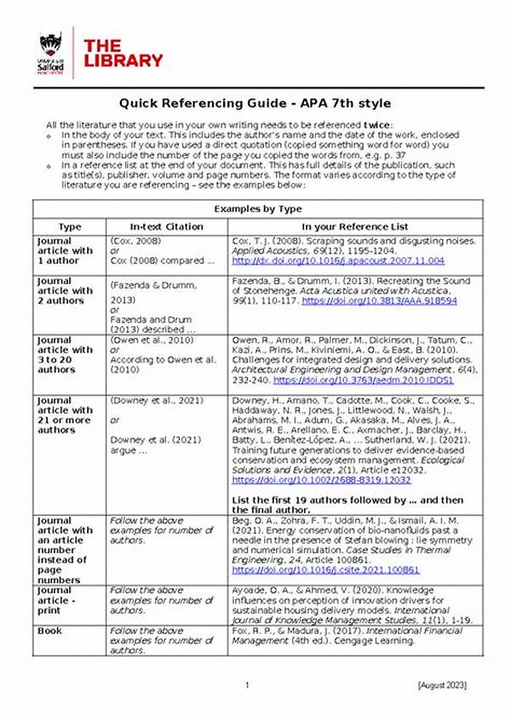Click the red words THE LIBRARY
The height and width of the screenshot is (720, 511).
123,53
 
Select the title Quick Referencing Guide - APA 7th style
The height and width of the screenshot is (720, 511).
255,104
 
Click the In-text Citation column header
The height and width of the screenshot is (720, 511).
166,226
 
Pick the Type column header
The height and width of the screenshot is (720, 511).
69,226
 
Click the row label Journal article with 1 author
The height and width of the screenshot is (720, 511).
65,250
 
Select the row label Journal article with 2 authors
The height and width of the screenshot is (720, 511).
65,291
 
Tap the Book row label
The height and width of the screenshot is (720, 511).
51,631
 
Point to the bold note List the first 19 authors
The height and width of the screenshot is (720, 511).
347,500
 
